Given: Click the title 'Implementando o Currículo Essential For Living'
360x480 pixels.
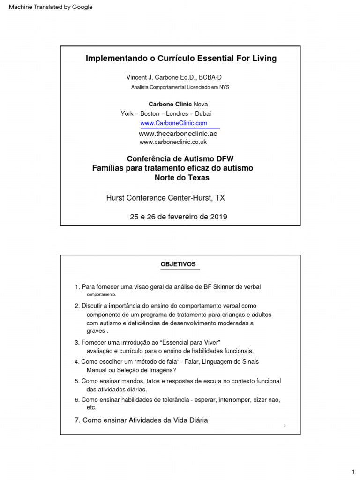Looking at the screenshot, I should tap(181, 59).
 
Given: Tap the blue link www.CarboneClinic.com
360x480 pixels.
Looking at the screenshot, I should tap(173, 123).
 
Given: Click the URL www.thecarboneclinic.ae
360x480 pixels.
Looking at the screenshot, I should tap(178, 134).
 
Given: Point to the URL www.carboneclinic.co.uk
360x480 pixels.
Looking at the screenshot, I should tap(173, 142).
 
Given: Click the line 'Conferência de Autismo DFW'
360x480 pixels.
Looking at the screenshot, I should tap(180, 158).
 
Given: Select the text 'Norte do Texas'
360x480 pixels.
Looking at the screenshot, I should tap(182, 178).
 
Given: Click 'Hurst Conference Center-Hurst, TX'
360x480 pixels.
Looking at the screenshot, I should tap(165, 198).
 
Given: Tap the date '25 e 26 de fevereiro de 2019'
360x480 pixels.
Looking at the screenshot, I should tap(178, 217).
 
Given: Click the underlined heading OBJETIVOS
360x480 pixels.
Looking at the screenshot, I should tap(178, 264).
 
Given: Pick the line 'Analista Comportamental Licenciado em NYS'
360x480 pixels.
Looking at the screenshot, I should tap(180, 87).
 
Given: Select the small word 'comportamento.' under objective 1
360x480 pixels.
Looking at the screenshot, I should tap(101, 295).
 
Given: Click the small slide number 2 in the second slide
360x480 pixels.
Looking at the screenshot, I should tap(285, 426).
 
